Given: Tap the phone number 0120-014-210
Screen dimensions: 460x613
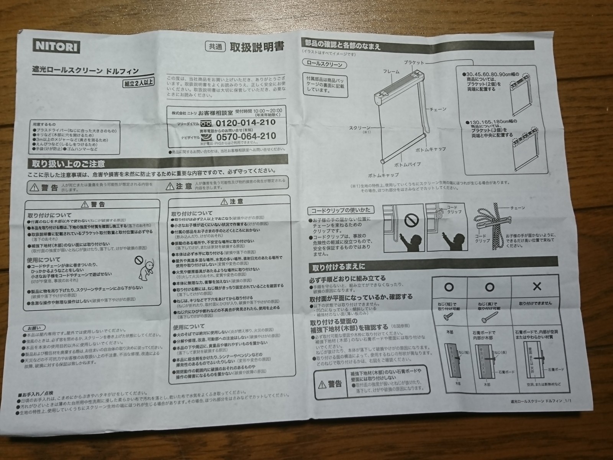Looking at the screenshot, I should [x=246, y=123].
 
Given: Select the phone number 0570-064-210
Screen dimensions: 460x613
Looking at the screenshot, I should [x=246, y=136].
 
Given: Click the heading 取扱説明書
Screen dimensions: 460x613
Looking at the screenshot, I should [x=256, y=47].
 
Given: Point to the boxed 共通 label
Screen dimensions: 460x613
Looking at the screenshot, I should [x=214, y=47].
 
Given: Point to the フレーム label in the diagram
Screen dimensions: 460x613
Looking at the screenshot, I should [x=391, y=72].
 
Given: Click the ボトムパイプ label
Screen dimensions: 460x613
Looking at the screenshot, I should [x=407, y=164].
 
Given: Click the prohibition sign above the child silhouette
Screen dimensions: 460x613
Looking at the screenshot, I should [x=410, y=220].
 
